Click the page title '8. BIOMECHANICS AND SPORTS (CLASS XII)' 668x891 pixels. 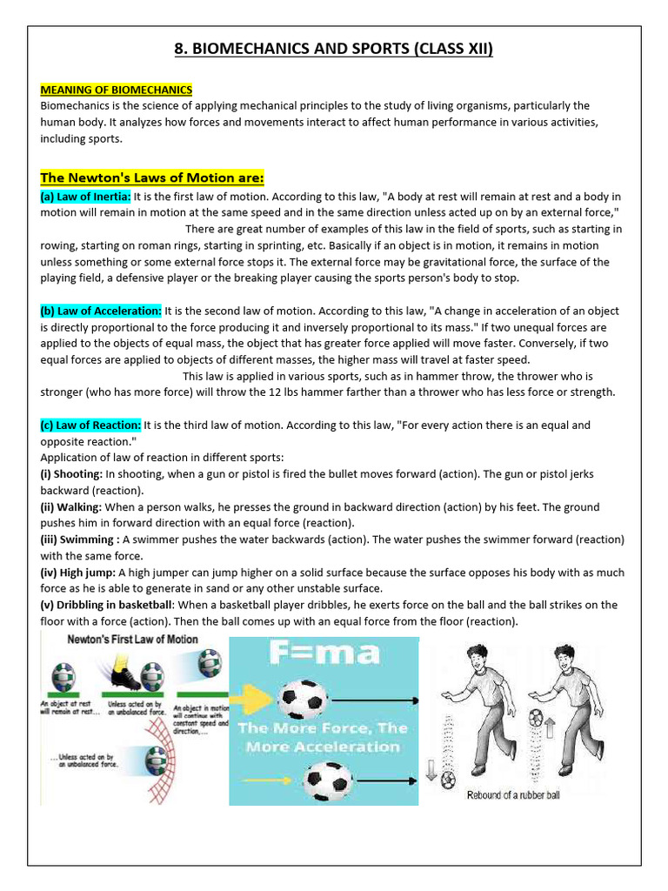[x=334, y=49]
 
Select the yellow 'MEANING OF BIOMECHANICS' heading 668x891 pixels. [x=117, y=90]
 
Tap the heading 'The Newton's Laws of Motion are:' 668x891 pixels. [x=152, y=178]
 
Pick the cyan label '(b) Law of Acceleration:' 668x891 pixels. [x=101, y=311]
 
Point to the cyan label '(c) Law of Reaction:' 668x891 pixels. [x=90, y=425]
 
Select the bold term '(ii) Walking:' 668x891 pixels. [x=71, y=506]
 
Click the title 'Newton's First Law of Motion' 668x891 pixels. [x=133, y=640]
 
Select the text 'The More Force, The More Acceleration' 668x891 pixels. [x=323, y=737]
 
